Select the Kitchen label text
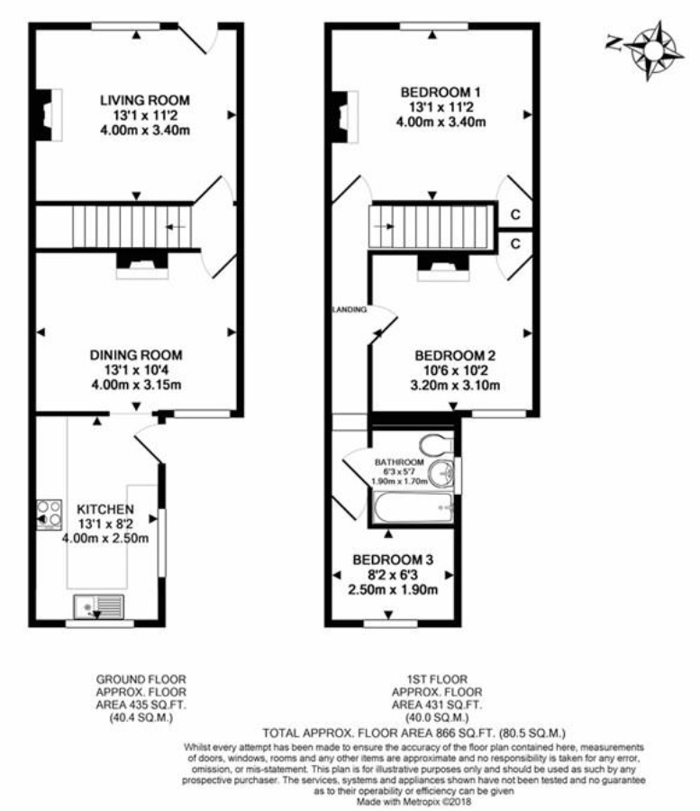pyautogui.click(x=105, y=509)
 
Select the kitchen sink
pyautogui.click(x=96, y=607)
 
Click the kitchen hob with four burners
pyautogui.click(x=48, y=515)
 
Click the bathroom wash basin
pyautogui.click(x=441, y=473)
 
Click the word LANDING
pyautogui.click(x=350, y=310)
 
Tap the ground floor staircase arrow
pyautogui.click(x=176, y=226)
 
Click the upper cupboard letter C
pyautogui.click(x=515, y=214)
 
